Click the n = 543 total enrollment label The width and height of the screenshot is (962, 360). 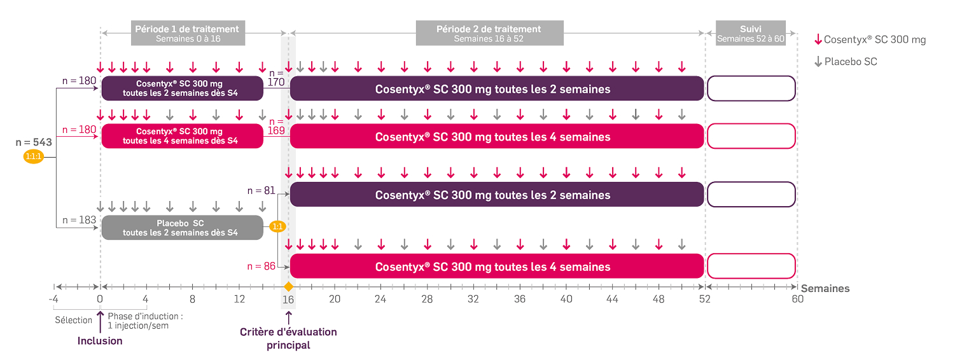click(33, 142)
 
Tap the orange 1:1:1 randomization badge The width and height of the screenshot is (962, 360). click(33, 156)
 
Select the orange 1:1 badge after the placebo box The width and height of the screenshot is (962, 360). click(277, 226)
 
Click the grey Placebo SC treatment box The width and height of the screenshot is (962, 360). click(182, 228)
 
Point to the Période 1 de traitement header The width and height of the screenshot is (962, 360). click(188, 33)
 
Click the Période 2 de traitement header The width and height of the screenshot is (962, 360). click(489, 33)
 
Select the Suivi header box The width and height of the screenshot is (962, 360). click(751, 33)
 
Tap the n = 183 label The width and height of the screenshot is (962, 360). click(80, 221)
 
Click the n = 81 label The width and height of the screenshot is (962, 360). click(261, 190)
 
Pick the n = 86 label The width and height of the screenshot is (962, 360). click(261, 266)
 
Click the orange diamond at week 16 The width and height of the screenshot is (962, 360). click(288, 287)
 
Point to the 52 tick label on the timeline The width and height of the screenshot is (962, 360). click(705, 300)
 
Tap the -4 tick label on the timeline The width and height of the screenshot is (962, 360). click(53, 300)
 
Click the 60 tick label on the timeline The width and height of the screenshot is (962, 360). click(797, 300)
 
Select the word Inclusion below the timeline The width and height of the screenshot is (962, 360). click(100, 341)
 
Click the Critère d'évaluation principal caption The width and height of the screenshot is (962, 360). click(288, 338)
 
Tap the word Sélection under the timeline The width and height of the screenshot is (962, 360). click(74, 320)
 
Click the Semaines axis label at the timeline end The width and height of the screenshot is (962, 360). click(825, 289)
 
